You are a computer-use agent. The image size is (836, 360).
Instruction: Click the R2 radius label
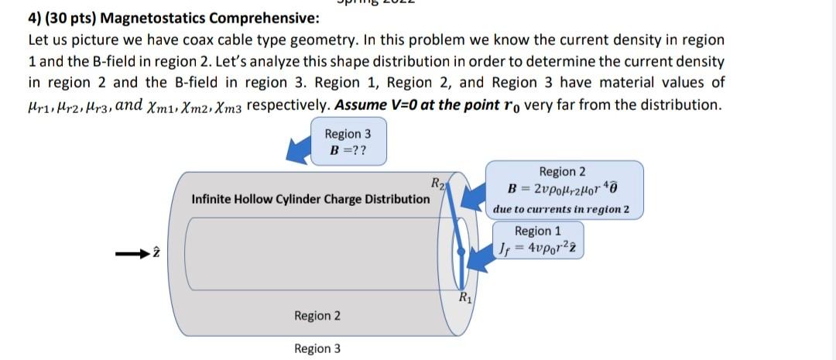point(438,183)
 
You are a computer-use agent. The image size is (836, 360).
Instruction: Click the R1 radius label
point(464,297)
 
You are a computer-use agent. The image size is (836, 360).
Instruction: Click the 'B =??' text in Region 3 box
point(348,149)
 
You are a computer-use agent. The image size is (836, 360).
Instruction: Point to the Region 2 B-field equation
point(564,190)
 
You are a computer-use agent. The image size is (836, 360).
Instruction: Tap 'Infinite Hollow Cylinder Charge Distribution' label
point(310,199)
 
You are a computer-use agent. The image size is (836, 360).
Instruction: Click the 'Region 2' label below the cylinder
point(317,316)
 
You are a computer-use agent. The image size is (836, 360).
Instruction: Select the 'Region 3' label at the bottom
point(317,348)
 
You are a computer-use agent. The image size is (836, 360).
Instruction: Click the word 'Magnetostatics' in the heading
point(151,18)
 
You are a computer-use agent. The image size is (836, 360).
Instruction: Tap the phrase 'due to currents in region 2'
point(561,210)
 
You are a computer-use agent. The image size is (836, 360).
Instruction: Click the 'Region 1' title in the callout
point(538,231)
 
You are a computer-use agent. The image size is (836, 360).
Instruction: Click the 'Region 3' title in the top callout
point(348,133)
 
